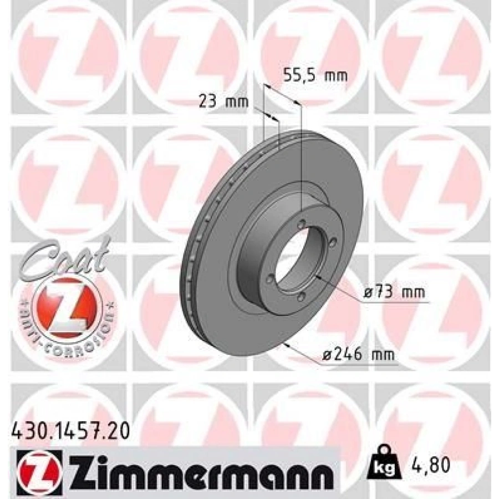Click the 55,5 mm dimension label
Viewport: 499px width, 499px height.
[315, 76]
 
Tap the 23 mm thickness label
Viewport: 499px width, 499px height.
[223, 101]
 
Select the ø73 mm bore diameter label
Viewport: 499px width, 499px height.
[394, 292]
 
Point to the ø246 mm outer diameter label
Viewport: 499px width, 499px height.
[358, 354]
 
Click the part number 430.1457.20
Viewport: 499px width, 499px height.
[70, 432]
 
